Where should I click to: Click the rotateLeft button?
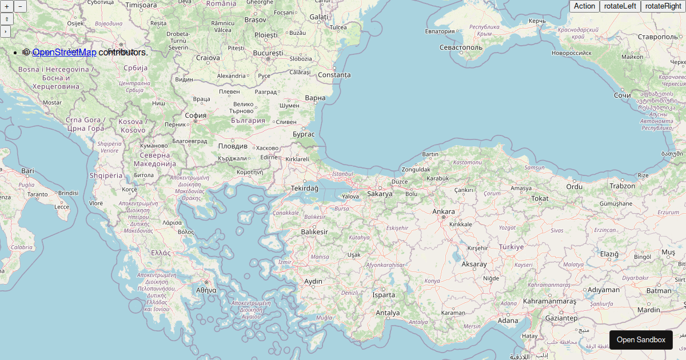click(620, 6)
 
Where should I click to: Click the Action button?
click(584, 6)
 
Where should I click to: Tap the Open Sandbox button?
click(641, 339)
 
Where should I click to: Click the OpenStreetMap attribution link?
click(64, 53)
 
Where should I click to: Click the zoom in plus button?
click(6, 6)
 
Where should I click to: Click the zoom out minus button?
click(20, 6)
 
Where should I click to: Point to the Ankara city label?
click(444, 212)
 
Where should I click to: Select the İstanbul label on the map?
click(343, 174)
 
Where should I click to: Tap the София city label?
click(196, 115)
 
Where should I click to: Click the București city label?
click(268, 53)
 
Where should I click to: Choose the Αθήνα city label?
click(206, 290)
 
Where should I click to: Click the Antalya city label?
click(388, 313)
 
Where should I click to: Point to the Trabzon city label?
click(622, 186)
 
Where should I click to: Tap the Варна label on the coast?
click(315, 98)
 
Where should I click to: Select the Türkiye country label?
click(511, 247)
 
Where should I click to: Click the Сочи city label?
click(623, 95)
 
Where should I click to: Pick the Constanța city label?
click(334, 75)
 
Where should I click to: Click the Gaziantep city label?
click(562, 318)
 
